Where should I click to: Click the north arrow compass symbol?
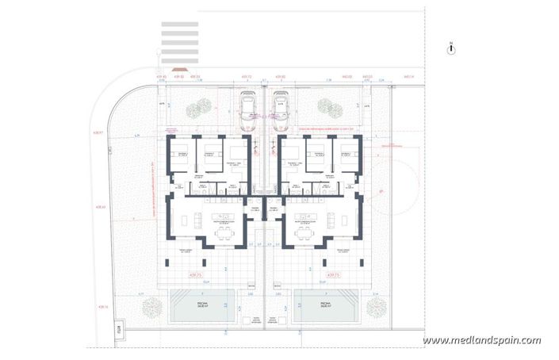tap(450, 48)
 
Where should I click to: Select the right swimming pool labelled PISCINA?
tap(326, 306)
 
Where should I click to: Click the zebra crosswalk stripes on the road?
tap(179, 40)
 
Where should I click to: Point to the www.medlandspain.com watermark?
tap(481, 340)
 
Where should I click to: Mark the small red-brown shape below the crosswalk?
tap(179, 76)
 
